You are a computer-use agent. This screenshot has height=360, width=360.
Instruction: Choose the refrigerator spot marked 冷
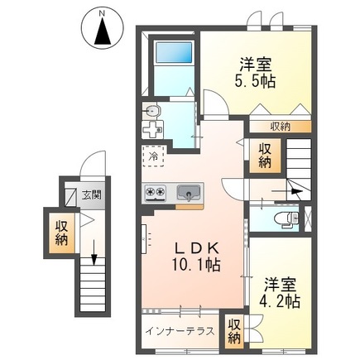pyautogui.click(x=153, y=154)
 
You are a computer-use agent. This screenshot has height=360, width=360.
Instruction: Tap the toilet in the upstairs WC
pyautogui.click(x=285, y=218)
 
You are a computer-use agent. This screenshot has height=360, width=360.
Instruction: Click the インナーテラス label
pyautogui.click(x=180, y=331)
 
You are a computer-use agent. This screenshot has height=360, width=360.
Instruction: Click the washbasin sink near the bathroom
pyautogui.click(x=151, y=111)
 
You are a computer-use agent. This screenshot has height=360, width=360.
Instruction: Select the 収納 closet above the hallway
pyautogui.click(x=265, y=154)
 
